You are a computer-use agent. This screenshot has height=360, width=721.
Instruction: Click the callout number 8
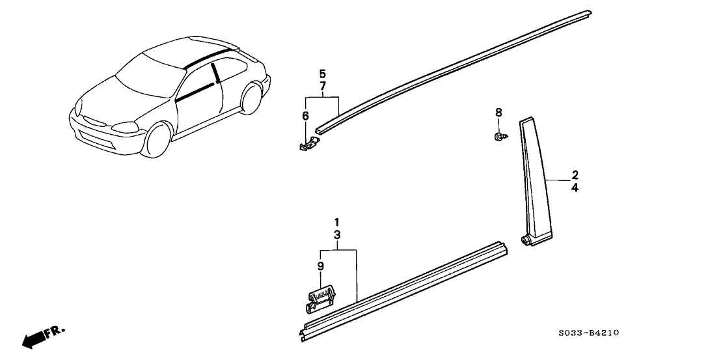(498, 112)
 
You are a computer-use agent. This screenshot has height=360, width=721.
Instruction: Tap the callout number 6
(305, 116)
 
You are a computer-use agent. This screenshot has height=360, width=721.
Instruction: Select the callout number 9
(321, 266)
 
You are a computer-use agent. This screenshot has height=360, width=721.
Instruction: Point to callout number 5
(322, 74)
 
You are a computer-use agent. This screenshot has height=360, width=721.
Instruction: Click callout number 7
(322, 86)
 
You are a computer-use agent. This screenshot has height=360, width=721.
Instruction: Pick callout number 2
(575, 174)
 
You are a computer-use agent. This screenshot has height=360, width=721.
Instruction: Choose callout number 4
(575, 187)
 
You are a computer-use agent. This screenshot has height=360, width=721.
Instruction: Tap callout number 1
(337, 222)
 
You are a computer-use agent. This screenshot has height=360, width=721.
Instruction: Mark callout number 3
(337, 235)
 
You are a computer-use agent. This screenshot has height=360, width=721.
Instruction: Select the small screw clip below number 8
(499, 137)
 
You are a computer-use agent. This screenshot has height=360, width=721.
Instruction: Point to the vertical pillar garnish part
(536, 182)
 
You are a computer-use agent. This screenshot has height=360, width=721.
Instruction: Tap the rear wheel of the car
(251, 98)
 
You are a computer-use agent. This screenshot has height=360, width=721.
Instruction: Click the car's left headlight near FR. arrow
(124, 127)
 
